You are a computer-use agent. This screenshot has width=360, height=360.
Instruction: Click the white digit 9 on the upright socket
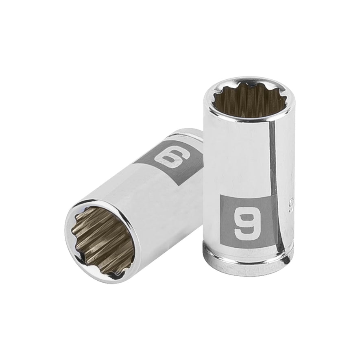coord(242,220)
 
